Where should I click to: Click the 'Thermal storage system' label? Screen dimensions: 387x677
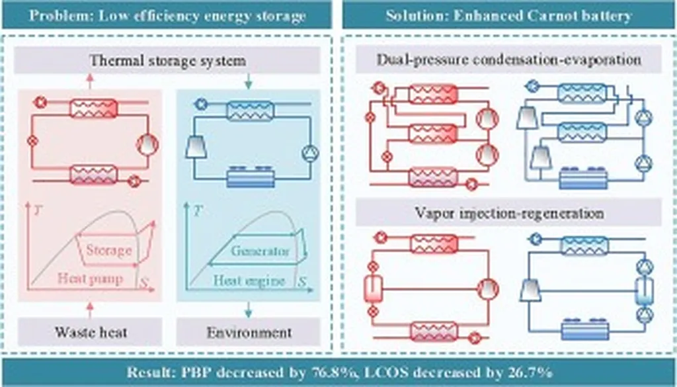[167, 62]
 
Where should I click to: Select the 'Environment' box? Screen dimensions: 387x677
[249, 331]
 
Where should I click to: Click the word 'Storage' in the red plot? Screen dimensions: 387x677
[108, 251]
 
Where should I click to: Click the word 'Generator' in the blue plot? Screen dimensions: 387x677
[260, 251]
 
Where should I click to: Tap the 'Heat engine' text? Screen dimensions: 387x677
[249, 280]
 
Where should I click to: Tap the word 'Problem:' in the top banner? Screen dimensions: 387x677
[57, 15]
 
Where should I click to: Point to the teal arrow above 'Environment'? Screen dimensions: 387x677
[249, 309]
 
